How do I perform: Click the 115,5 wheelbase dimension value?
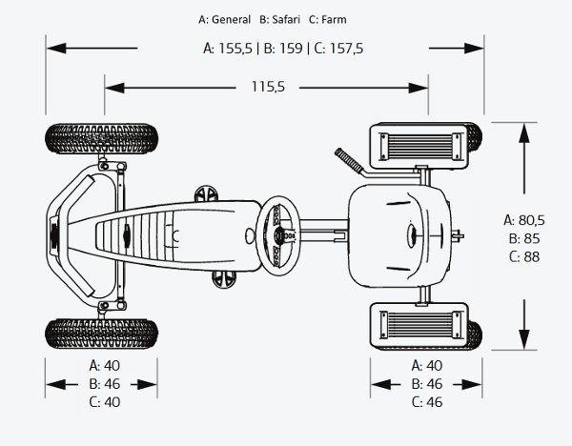tap(268, 87)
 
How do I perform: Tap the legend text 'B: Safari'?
tap(279, 19)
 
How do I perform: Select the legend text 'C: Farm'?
tap(328, 19)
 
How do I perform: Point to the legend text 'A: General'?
tap(224, 19)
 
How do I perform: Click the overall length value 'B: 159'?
tap(283, 49)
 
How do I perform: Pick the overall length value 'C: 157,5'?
tap(338, 49)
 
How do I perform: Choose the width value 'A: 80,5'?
tap(524, 220)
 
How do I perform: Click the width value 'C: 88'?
tap(524, 256)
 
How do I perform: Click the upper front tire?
tap(101, 138)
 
